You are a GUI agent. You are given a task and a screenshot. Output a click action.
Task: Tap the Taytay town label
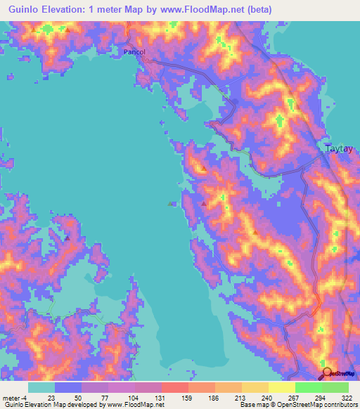pos(341,149)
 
